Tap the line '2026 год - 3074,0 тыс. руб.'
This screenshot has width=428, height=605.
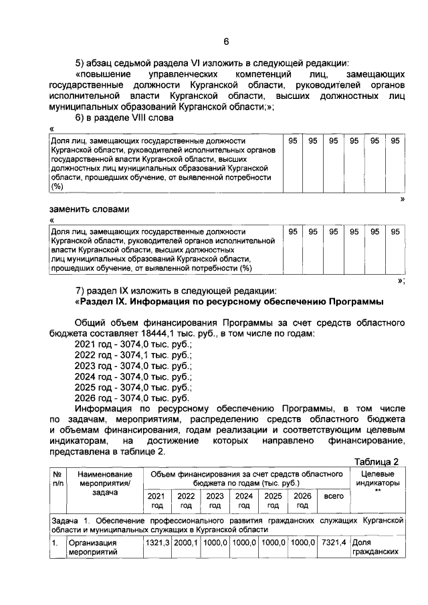[133, 398]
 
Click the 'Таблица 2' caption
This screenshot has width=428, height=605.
[377, 463]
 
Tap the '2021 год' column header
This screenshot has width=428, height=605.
[156, 501]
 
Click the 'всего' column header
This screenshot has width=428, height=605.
[332, 496]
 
